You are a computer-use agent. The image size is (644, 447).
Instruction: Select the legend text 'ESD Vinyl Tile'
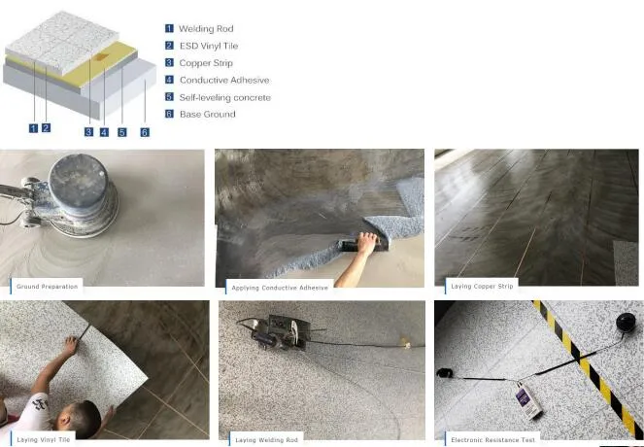pos(209,46)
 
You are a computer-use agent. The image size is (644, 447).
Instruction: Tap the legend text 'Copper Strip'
pos(207,63)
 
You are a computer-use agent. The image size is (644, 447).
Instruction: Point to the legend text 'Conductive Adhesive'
pos(224,80)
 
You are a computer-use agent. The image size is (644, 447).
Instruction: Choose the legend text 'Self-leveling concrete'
pos(225,97)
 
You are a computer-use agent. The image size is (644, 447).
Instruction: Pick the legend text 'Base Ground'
pos(207,115)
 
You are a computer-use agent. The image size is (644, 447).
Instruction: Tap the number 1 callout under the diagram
pos(33,127)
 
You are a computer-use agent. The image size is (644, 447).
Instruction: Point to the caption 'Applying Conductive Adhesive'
pos(280,288)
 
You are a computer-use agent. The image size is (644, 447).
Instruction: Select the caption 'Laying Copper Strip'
pos(482,287)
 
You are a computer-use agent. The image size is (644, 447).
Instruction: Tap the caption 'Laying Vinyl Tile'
pos(44,440)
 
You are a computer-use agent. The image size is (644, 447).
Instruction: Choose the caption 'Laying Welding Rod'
pos(265,440)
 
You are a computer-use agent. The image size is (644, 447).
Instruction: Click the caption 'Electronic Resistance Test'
pos(491,440)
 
